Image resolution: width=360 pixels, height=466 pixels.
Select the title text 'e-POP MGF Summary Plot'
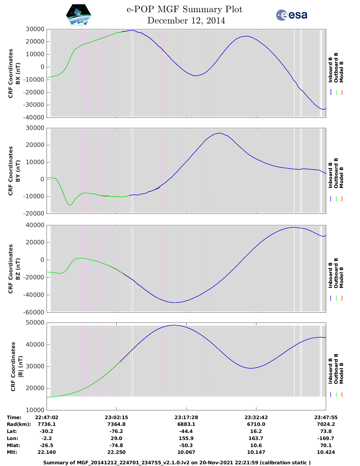(x=184, y=9)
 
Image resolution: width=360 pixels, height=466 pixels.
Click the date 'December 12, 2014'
(x=186, y=21)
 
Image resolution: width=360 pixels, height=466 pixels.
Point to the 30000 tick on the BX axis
(x=35, y=29)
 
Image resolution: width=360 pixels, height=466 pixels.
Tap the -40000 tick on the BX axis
(x=34, y=117)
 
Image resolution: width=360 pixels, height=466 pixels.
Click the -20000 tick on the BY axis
(x=34, y=214)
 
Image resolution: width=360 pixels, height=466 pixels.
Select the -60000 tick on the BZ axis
(x=34, y=312)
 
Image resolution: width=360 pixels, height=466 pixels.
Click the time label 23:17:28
(x=186, y=417)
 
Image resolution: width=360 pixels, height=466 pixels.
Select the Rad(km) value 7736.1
(x=47, y=424)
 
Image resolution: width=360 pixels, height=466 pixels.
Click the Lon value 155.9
(x=186, y=438)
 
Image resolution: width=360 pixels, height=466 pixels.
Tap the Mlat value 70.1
(x=326, y=445)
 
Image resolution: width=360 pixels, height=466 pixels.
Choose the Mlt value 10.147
(x=256, y=452)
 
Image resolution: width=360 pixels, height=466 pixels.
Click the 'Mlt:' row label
(x=12, y=452)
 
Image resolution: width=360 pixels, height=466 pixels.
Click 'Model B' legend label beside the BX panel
(x=341, y=72)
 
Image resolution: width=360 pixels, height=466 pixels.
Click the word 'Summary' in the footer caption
(x=55, y=463)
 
